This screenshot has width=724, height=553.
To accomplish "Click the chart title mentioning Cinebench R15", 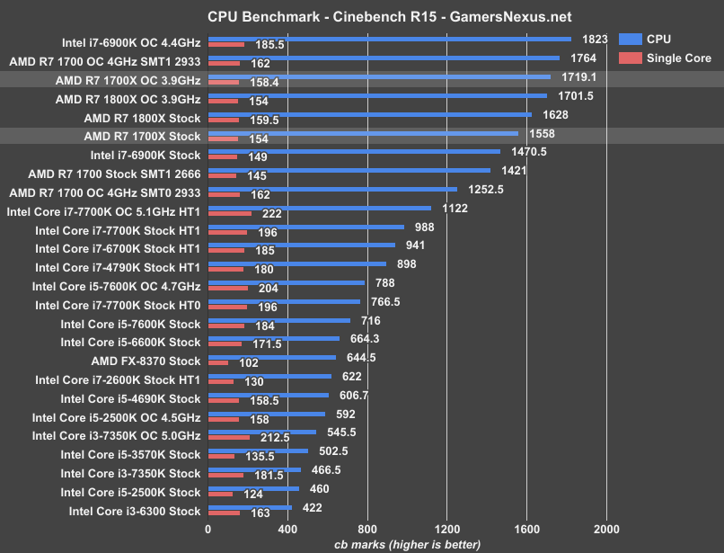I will click(375, 16).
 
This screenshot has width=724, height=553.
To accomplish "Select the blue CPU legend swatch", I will click(631, 39).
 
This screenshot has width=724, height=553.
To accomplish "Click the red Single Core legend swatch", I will click(631, 58).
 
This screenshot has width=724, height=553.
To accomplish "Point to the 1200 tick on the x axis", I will click(446, 530).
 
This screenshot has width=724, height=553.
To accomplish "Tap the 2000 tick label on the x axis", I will click(605, 530).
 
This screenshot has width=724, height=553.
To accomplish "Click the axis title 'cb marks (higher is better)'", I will click(407, 544).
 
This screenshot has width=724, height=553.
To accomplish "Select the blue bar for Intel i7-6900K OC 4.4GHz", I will click(390, 39).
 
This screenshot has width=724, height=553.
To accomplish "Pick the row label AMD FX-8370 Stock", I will click(146, 361).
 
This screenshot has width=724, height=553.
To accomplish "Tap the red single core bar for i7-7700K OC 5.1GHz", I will click(230, 214).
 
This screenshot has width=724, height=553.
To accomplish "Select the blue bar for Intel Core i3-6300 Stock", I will click(250, 507).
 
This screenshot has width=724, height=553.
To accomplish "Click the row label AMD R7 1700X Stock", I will click(142, 137).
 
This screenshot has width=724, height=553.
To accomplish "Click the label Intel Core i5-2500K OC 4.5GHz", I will click(116, 417).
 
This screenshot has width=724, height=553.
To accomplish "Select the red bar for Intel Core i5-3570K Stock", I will click(222, 457).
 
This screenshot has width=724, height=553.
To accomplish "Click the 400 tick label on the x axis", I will click(287, 530).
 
